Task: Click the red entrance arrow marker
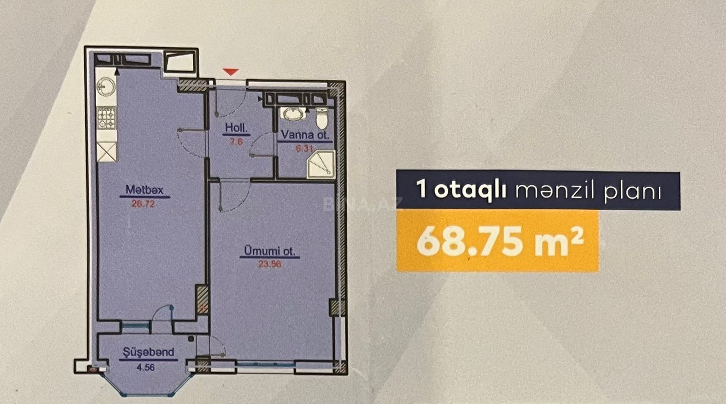(231, 72)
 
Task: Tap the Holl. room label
(236, 128)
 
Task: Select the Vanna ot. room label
(305, 134)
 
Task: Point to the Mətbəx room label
(145, 189)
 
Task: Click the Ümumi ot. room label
(270, 251)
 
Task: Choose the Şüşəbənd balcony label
(148, 352)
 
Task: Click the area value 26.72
(143, 204)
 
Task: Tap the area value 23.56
(270, 264)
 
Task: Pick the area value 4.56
(146, 368)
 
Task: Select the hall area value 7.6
(236, 142)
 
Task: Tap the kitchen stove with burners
(107, 118)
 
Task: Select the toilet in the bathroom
(322, 118)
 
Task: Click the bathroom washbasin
(294, 114)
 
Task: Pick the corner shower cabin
(321, 164)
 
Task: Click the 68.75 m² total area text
(500, 241)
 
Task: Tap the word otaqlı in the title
(470, 190)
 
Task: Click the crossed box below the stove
(107, 152)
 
